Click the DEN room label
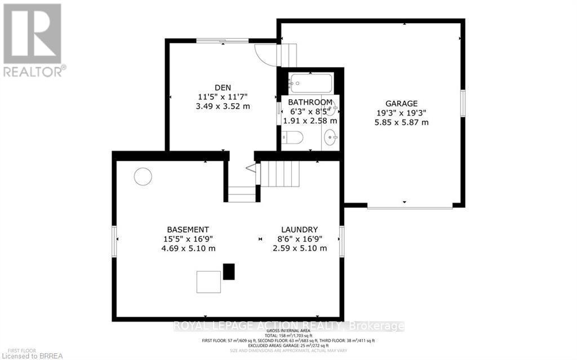click(223, 87)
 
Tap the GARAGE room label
click(401, 103)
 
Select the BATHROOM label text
click(309, 103)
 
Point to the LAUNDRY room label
click(300, 229)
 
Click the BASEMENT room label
click(188, 229)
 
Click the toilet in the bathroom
click(293, 137)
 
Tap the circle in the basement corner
click(143, 176)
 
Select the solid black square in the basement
click(228, 272)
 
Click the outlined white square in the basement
click(208, 281)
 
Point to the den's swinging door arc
click(265, 54)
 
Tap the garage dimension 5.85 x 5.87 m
click(401, 122)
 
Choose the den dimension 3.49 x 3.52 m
click(223, 106)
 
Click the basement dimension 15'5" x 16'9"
click(188, 239)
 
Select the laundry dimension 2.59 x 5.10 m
click(300, 248)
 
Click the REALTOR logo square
click(32, 33)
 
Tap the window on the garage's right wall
click(462, 104)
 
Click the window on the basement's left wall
click(114, 242)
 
